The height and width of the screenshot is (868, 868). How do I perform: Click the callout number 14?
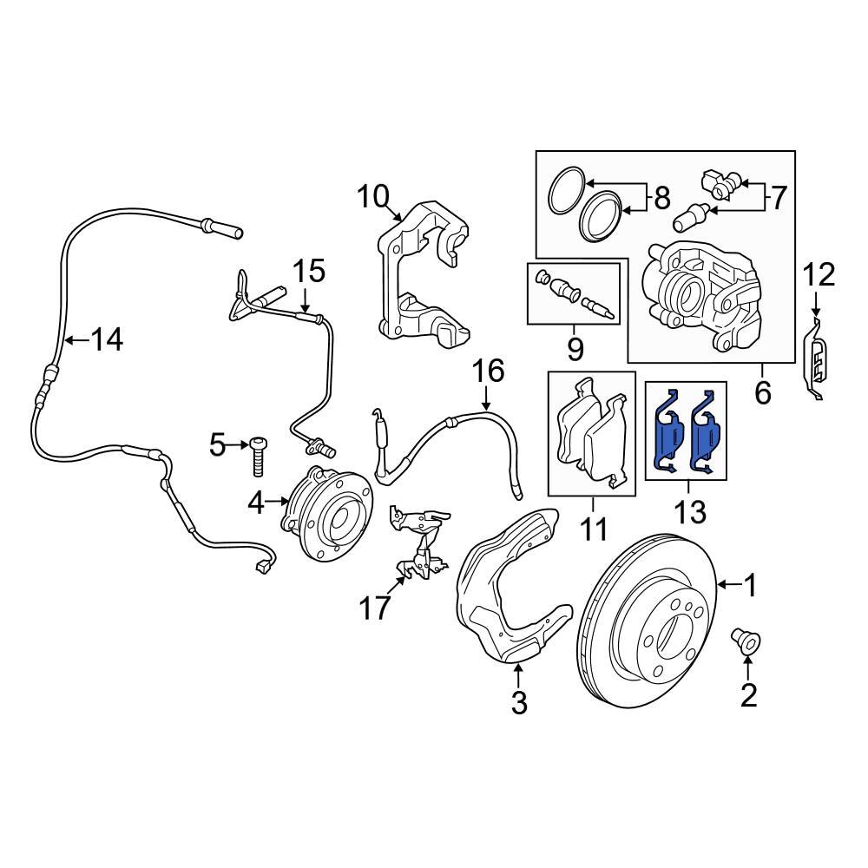tap(108, 340)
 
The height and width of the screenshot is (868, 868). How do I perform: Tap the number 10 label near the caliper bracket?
tap(375, 198)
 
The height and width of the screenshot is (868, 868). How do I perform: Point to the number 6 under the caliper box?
tap(762, 392)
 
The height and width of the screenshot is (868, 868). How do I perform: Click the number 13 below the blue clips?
tap(691, 512)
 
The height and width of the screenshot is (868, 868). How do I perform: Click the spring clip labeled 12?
tap(818, 365)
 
